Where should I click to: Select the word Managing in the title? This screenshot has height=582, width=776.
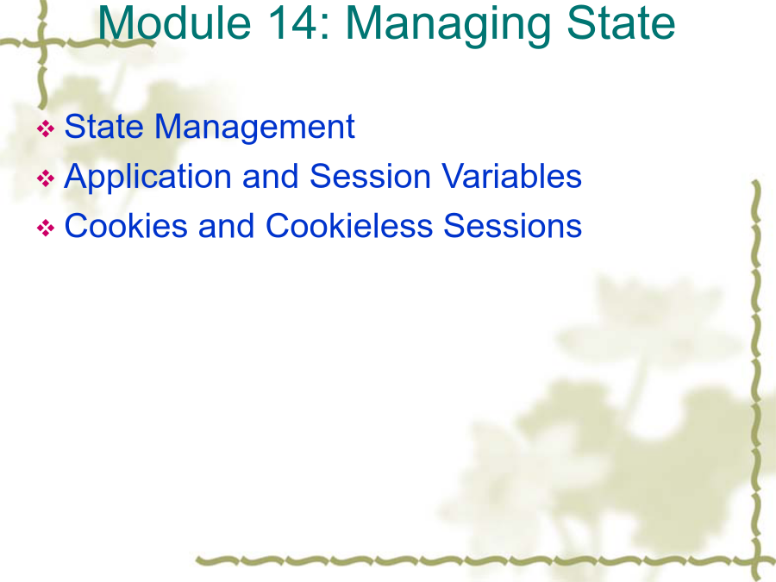coord(447,26)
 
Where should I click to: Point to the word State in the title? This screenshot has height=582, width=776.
coord(621,23)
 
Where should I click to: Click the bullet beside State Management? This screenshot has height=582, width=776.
coord(46,128)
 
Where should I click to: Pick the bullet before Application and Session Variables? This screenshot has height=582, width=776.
coord(46,178)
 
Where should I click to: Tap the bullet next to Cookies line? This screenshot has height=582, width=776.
coord(46,228)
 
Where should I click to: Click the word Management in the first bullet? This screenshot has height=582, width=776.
coord(255,128)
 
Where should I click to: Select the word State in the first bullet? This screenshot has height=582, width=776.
coord(104,126)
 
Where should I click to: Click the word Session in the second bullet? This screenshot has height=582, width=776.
coord(370,176)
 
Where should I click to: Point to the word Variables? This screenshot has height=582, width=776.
coord(511,176)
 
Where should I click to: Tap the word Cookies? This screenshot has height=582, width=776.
coord(126,226)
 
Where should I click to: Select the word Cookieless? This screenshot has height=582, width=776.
coord(349,226)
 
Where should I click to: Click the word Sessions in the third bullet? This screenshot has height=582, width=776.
coord(513,226)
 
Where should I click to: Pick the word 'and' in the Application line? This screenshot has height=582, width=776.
coord(270,176)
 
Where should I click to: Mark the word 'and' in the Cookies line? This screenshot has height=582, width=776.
coord(226,226)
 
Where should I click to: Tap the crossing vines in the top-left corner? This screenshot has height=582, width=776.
coord(42,43)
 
